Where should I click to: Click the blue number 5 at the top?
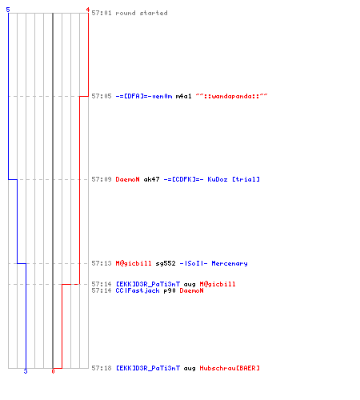pyautogui.click(x=8, y=10)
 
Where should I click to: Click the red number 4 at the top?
pyautogui.click(x=87, y=10)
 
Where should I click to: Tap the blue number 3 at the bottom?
pyautogui.click(x=26, y=371)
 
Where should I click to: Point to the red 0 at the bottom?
pyautogui.click(x=53, y=371)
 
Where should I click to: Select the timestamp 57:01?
pyautogui.click(x=102, y=13)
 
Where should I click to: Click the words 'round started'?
pyautogui.click(x=142, y=13)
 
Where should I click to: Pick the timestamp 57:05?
pyautogui.click(x=102, y=96)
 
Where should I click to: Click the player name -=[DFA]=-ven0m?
pyautogui.click(x=144, y=96)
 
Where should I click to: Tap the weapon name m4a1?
pyautogui.click(x=183, y=96)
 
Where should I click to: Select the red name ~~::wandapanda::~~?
pyautogui.click(x=231, y=96)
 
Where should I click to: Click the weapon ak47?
pyautogui.click(x=151, y=179)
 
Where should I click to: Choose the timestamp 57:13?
pyautogui.click(x=102, y=263)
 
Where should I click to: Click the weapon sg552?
pyautogui.click(x=166, y=263)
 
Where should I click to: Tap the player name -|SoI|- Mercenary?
pyautogui.click(x=214, y=263)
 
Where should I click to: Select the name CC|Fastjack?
pyautogui.click(x=138, y=290)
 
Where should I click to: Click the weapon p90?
pyautogui.click(x=170, y=290)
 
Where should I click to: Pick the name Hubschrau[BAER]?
pyautogui.click(x=230, y=368)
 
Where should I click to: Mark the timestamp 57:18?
pyautogui.click(x=102, y=368)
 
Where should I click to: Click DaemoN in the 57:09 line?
pyautogui.click(x=127, y=179)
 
